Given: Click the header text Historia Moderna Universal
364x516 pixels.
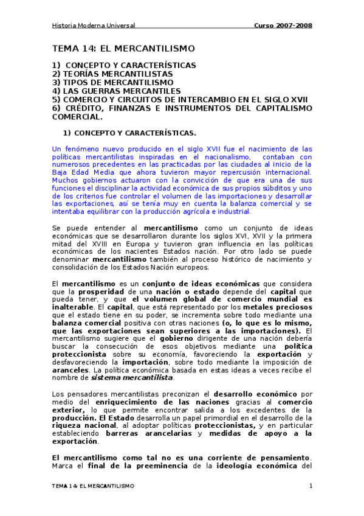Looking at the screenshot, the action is click(93, 26).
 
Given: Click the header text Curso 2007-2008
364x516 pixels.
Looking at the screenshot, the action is click(283, 26).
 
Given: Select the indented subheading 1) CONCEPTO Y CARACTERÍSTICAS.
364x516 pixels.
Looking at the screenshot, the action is click(130, 133).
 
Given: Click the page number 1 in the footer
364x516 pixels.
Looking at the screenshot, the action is click(311, 486).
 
